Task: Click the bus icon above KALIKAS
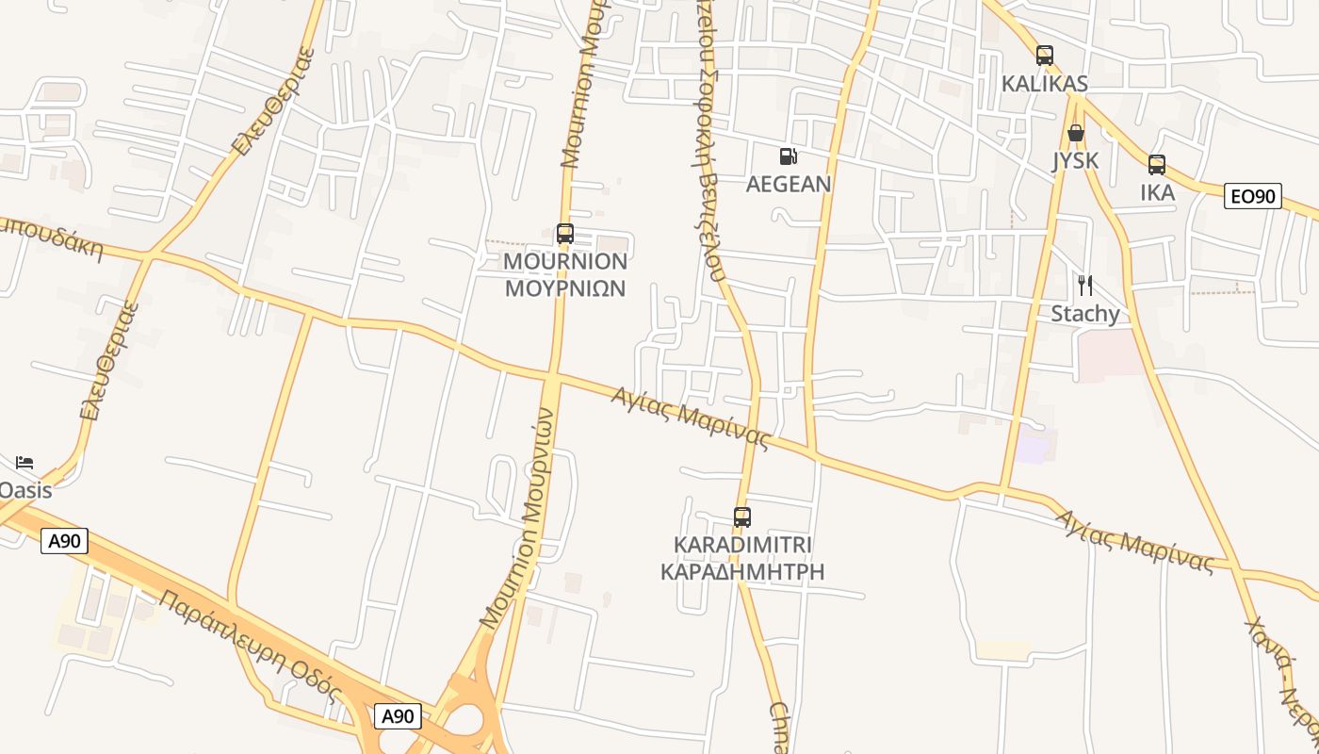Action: tap(1044, 56)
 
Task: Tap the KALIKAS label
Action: tap(1044, 83)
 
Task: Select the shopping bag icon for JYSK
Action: tap(1075, 133)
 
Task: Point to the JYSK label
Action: tap(1075, 160)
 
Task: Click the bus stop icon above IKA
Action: tap(1157, 165)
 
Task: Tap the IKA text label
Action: tap(1157, 192)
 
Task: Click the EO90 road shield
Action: tap(1253, 196)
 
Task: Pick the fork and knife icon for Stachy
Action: tap(1085, 285)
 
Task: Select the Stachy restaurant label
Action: tap(1085, 313)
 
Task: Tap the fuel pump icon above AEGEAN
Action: tap(789, 156)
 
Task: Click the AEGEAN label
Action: tap(789, 184)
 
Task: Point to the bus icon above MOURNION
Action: tap(565, 234)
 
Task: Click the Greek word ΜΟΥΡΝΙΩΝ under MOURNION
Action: tap(565, 287)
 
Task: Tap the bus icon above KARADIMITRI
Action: tap(742, 517)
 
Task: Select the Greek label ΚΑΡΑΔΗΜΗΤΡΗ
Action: tap(742, 571)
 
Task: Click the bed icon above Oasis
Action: tap(24, 462)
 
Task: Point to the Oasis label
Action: tap(24, 490)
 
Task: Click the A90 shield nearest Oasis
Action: tap(64, 540)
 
